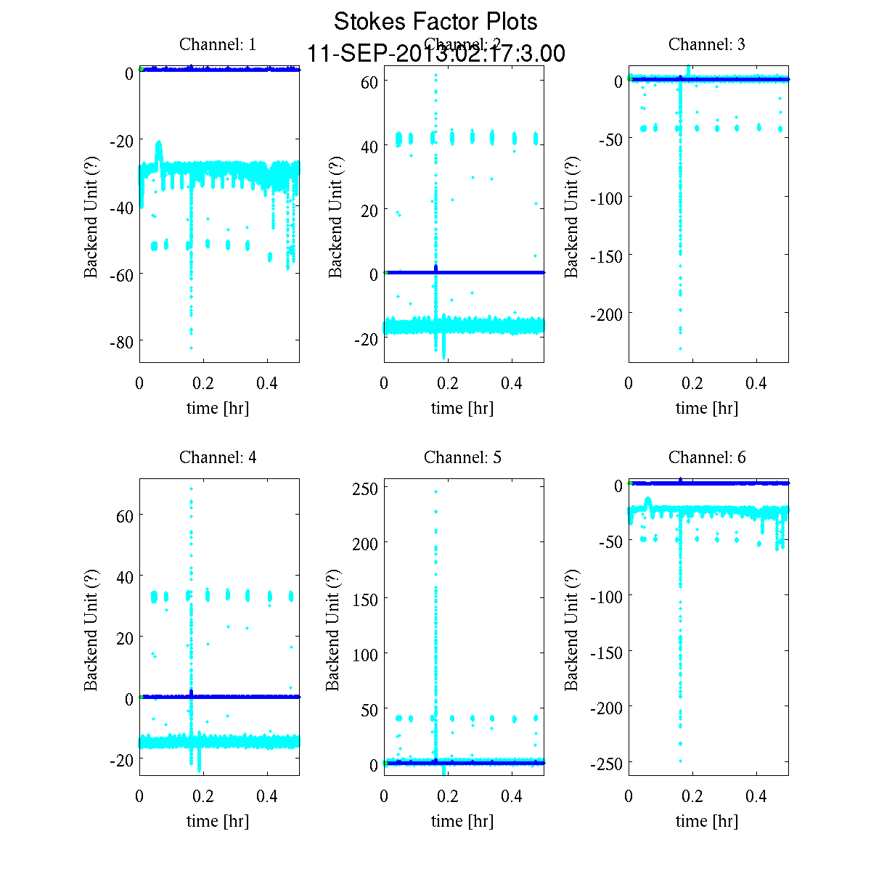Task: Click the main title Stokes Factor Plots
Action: tap(435, 22)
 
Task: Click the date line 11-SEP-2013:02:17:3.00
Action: tap(435, 54)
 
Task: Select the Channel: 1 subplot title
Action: tap(218, 44)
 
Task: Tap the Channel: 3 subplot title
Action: tap(706, 44)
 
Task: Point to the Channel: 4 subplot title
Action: tap(218, 457)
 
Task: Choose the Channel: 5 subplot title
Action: tap(462, 457)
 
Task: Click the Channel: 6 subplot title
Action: tap(706, 457)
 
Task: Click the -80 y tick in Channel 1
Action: tap(121, 341)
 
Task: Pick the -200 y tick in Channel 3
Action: tap(607, 314)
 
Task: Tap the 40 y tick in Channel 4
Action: tap(125, 577)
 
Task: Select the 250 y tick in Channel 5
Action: tap(365, 488)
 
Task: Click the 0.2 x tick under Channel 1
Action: tap(204, 384)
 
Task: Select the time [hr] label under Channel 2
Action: tap(462, 408)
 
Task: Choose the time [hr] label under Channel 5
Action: tap(462, 821)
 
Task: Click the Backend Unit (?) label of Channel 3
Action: tap(572, 216)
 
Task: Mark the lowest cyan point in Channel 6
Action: tap(680, 761)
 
